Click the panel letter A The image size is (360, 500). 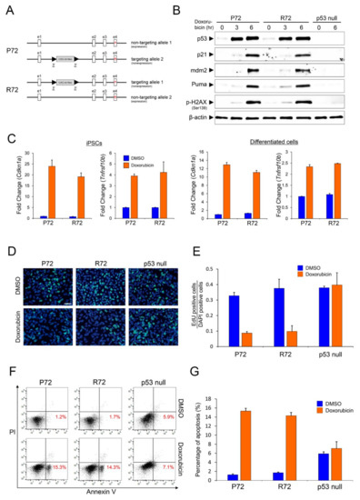coord(6,8)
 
